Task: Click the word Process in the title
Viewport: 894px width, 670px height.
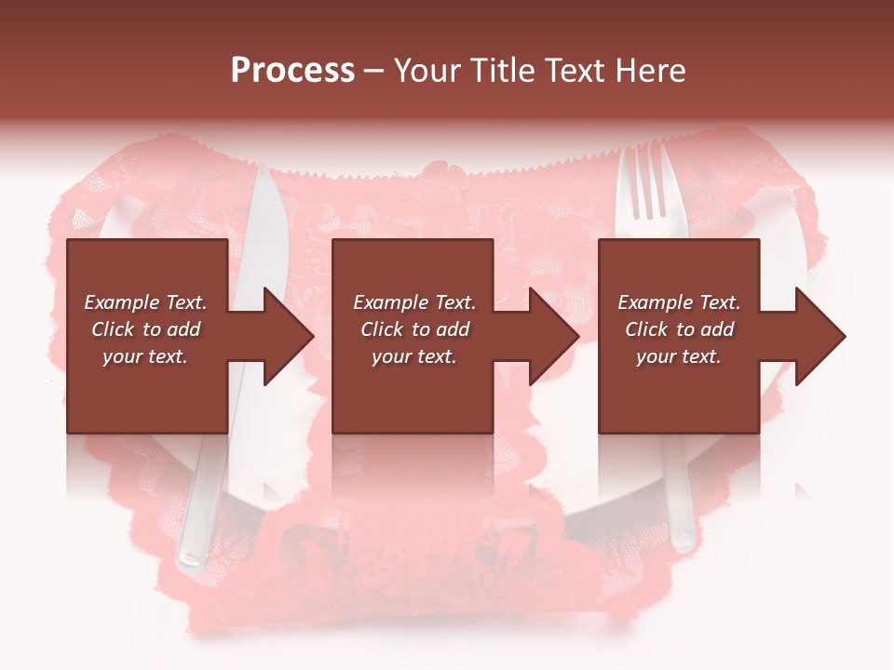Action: [292, 71]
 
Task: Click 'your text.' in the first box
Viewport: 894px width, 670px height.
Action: [145, 356]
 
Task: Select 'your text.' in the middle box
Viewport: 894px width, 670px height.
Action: [414, 356]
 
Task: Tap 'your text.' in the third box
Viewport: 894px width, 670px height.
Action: [679, 356]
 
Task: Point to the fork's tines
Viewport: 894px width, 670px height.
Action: [644, 181]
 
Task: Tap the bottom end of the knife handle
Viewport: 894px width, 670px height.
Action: [190, 558]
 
